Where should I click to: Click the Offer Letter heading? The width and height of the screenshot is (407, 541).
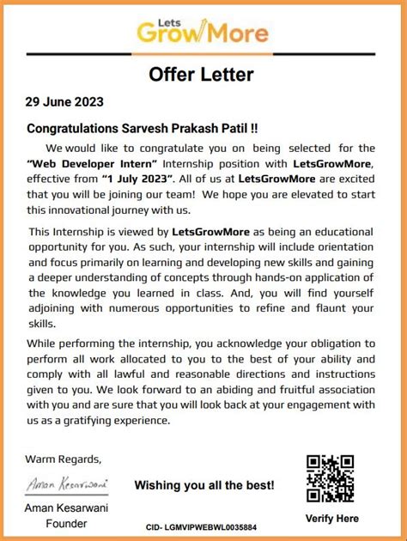pyautogui.click(x=202, y=74)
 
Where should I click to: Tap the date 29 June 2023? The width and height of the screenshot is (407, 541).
pyautogui.click(x=65, y=102)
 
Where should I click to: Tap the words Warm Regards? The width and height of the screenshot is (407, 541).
pyautogui.click(x=63, y=459)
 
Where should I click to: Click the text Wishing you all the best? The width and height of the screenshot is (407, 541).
pyautogui.click(x=204, y=485)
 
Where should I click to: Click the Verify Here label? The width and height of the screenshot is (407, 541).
pyautogui.click(x=331, y=518)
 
